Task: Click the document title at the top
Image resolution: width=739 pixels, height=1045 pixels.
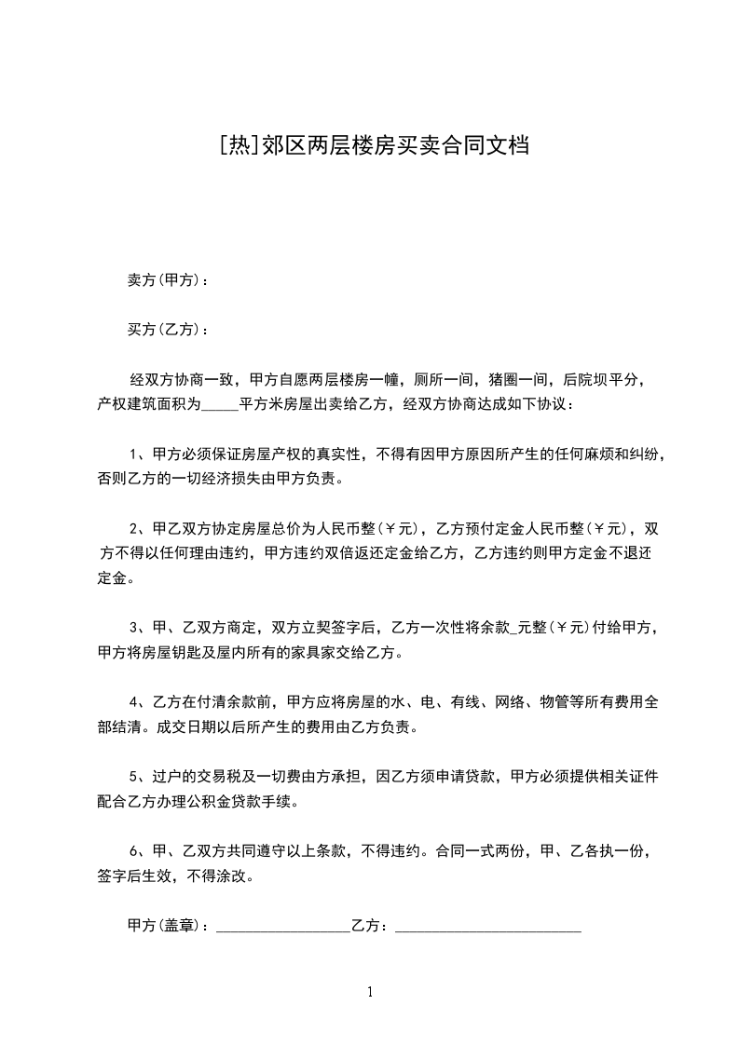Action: pyautogui.click(x=370, y=146)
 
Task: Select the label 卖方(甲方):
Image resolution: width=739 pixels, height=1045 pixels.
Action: pyautogui.click(x=167, y=280)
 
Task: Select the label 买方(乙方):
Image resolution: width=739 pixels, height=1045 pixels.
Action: pyautogui.click(x=167, y=330)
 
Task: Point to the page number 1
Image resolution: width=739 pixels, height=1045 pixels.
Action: pyautogui.click(x=370, y=992)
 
